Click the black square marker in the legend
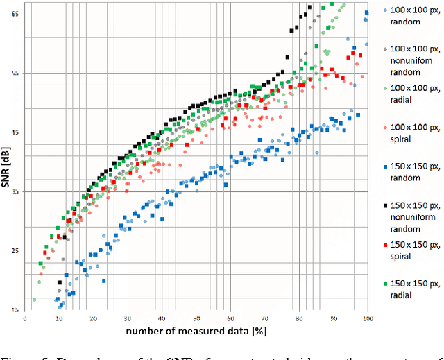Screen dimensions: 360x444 coord(385,207)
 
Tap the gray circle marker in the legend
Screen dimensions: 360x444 coord(385,50)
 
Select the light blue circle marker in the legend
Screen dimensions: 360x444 coord(385,11)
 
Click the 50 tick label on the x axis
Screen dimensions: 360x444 coord(196,318)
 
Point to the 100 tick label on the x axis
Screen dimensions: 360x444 coord(367,318)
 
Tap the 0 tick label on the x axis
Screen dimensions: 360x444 coord(25,318)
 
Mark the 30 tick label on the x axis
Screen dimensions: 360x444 coord(128,318)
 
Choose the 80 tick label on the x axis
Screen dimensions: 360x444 coord(299,318)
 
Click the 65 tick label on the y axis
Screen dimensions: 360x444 coord(15,15)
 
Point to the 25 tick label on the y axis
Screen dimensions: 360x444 coord(15,250)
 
